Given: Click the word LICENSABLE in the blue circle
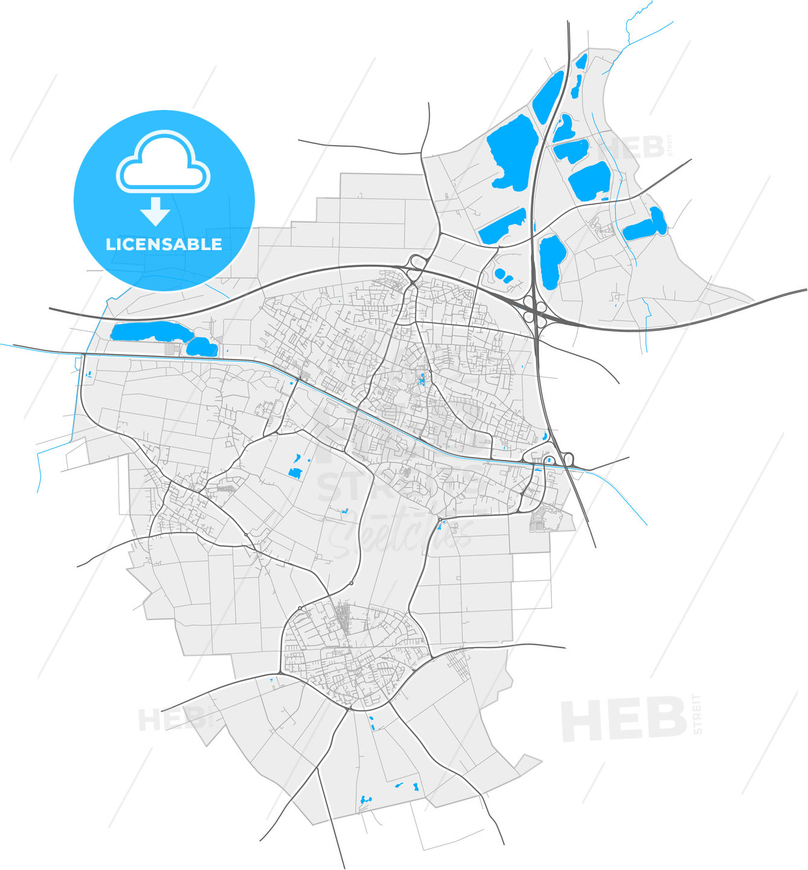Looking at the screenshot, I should (164, 244).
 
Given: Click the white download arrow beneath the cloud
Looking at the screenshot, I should (155, 211).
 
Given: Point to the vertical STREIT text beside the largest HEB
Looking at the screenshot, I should (699, 714).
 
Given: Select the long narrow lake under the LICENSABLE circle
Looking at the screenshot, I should (148, 331).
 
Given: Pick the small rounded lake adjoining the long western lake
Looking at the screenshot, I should (201, 346).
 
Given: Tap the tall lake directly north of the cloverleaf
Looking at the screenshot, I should (551, 262).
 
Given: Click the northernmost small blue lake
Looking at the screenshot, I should (581, 61).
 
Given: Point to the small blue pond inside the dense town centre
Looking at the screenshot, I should (421, 380).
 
